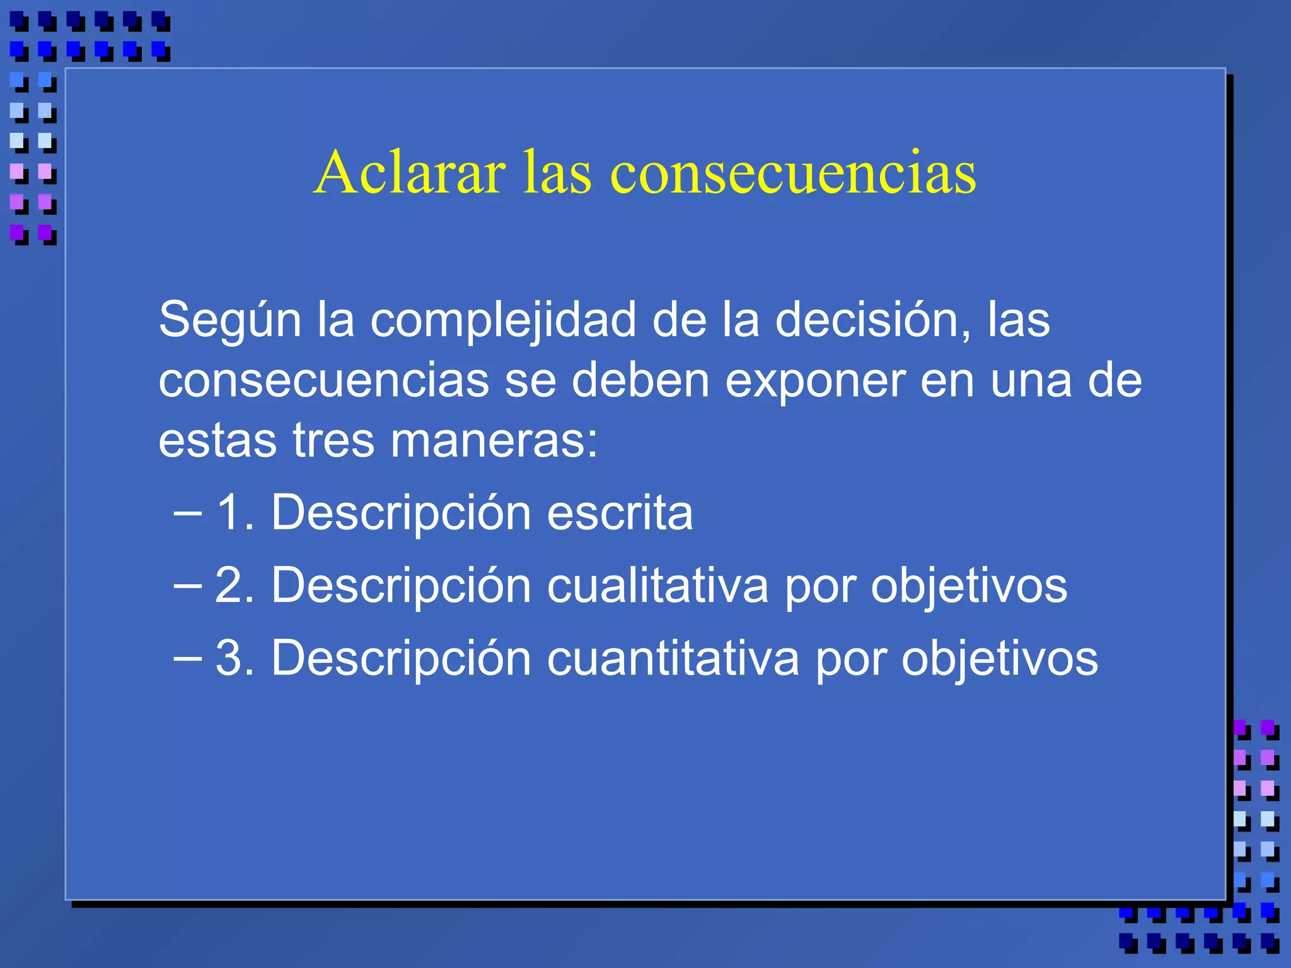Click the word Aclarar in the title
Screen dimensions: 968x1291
[x=410, y=172]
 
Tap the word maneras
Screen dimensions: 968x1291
[x=493, y=440]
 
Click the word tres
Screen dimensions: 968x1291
[x=333, y=440]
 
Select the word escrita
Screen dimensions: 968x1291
[x=620, y=512]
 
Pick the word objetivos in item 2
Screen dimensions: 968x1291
[x=969, y=585]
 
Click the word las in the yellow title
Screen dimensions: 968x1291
[x=557, y=172]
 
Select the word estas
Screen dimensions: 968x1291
[x=217, y=440]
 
